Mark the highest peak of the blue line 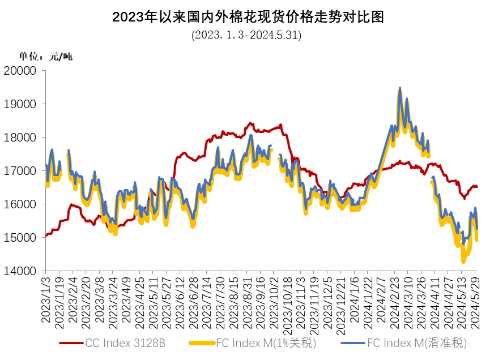click(400, 88)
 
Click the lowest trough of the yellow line click(463, 262)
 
